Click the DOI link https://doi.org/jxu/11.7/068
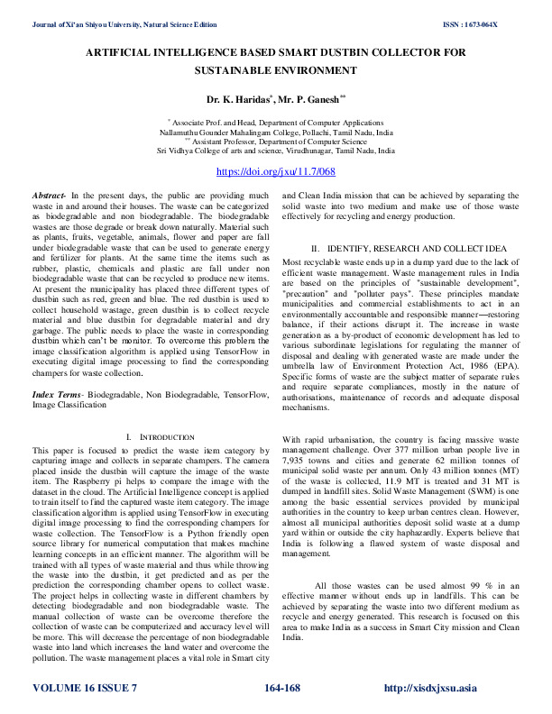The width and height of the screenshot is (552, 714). click(x=275, y=171)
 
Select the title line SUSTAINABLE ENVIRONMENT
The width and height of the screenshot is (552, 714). click(x=275, y=70)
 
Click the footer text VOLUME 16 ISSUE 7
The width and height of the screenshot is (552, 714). click(x=85, y=689)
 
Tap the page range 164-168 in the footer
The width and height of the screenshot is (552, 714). click(x=281, y=689)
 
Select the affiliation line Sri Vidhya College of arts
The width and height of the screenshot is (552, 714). click(x=275, y=151)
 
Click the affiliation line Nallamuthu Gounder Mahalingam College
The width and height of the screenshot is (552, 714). click(x=275, y=132)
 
